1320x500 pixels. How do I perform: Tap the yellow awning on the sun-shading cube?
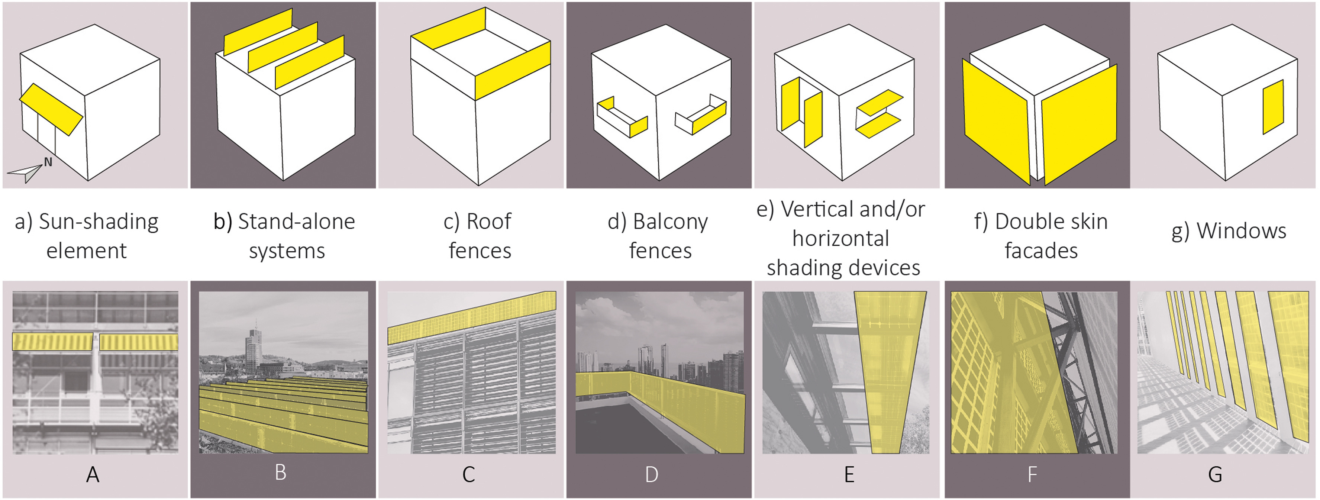coord(51,109)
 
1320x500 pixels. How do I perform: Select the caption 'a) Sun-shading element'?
coord(87,236)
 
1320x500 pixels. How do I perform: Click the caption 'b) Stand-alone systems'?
coord(284,236)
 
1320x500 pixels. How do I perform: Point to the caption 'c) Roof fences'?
coord(479,236)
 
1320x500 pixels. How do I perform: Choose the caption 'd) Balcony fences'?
coord(658,236)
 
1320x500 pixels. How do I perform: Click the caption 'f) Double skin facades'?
coord(1041,236)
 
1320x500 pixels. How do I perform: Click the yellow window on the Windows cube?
coord(1273,107)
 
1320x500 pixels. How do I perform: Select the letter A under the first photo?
coord(93,475)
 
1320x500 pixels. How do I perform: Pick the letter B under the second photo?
coord(280,472)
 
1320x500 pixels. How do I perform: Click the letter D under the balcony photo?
coord(651,475)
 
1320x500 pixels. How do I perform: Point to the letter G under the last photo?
coord(1215,475)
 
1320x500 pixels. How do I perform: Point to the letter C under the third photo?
coord(468,475)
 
